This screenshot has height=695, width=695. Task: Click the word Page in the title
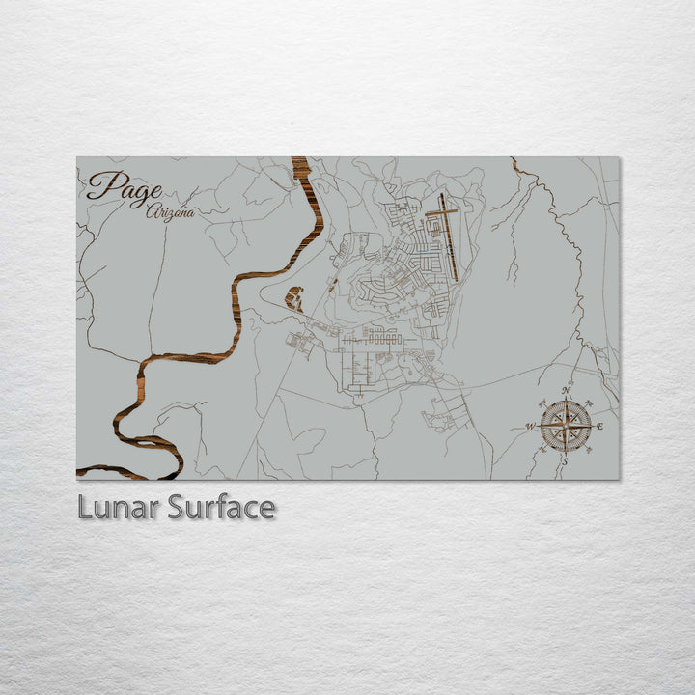(124, 185)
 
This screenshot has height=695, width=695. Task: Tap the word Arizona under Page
(170, 212)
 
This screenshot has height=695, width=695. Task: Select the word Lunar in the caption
(120, 507)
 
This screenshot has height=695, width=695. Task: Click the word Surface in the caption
(221, 507)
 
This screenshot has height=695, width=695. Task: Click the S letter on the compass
(566, 461)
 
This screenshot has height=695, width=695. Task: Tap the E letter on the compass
(600, 426)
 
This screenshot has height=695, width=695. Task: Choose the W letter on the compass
(530, 426)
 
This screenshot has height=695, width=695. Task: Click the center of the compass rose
(566, 426)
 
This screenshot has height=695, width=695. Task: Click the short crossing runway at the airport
(441, 209)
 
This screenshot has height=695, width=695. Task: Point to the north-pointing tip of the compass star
(566, 400)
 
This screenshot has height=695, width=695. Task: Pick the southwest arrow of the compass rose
(551, 440)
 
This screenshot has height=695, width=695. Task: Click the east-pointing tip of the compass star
(592, 426)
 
